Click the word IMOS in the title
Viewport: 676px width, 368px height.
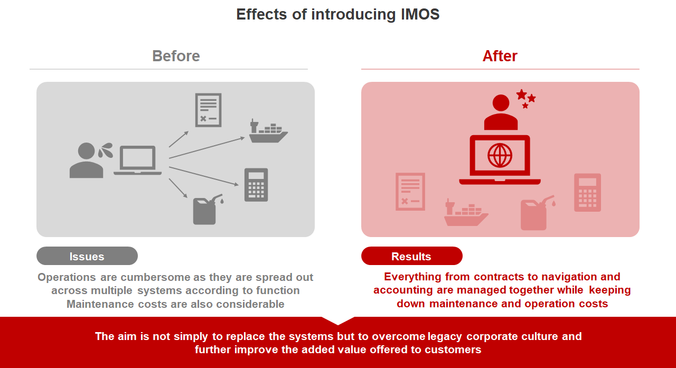[x=420, y=14]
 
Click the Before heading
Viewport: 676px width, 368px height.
[x=176, y=56]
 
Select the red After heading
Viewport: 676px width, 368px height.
[x=500, y=56]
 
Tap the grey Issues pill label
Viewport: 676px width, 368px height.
[x=87, y=256]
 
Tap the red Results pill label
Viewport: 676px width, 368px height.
[x=411, y=256]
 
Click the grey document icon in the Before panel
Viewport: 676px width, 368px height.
[x=208, y=110]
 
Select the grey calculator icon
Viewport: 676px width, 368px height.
[x=256, y=185]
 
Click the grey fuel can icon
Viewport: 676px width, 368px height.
[x=208, y=209]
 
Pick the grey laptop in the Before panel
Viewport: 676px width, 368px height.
[x=138, y=160]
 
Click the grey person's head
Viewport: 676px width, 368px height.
[x=86, y=150]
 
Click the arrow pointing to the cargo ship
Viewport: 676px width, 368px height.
[x=207, y=148]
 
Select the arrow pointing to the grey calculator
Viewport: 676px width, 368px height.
[x=204, y=176]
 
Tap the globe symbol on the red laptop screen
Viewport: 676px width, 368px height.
[x=500, y=156]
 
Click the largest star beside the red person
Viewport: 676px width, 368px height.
[x=521, y=95]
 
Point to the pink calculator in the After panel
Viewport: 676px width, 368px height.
[x=587, y=192]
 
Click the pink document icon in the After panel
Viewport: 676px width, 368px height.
[x=410, y=192]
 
